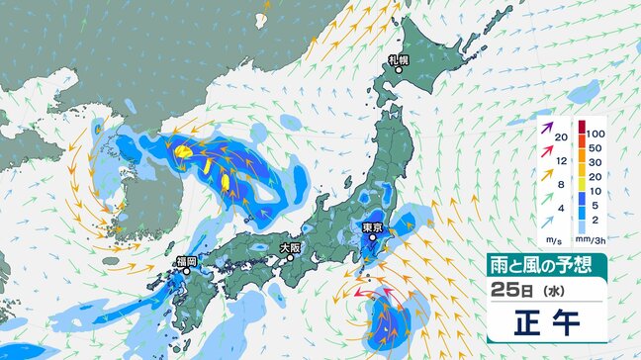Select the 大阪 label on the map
289,247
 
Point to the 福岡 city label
186,260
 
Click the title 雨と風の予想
545,265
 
